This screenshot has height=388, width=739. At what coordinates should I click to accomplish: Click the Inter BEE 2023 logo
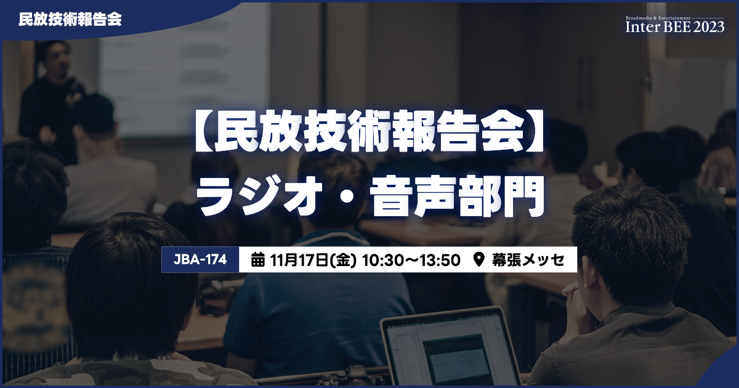pos(675,25)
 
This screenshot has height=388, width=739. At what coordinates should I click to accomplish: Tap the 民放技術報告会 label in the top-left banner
pos(70,20)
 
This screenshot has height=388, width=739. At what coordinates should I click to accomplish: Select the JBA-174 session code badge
pos(200,260)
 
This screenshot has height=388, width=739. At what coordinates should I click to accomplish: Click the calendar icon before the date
pos(257,260)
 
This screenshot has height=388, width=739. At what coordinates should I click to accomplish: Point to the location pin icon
pos(479,260)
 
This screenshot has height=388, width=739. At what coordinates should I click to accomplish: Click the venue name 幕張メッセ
pos(528,260)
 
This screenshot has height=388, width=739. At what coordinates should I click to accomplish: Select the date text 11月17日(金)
pos(313,261)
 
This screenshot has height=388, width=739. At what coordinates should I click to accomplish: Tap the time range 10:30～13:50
pos(411,261)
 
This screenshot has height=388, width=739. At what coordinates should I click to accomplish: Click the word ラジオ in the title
pos(259,196)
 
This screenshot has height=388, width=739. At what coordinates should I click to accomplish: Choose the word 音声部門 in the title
pos(457,196)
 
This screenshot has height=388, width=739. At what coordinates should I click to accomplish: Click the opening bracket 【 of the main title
pos(204,131)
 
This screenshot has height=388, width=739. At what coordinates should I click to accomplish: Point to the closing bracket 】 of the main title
pos(535,131)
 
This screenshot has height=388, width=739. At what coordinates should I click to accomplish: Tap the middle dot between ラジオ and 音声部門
pos(345,196)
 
